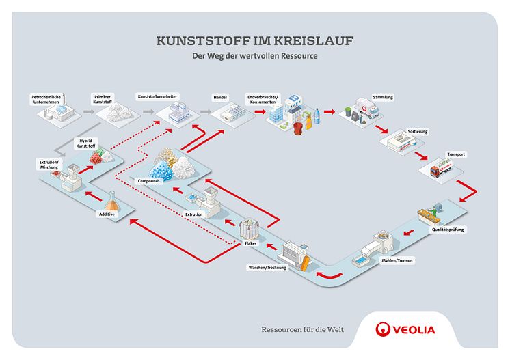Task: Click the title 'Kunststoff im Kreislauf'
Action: point(254,41)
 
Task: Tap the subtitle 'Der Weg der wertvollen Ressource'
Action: point(254,57)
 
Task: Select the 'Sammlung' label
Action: point(382,97)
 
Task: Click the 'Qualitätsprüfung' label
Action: point(448,230)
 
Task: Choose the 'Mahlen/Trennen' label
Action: point(390,260)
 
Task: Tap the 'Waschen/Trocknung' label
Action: point(267,267)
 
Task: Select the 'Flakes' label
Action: point(250,243)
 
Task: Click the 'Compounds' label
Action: point(149,182)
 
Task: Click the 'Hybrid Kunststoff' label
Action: point(84,144)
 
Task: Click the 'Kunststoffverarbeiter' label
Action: point(157,97)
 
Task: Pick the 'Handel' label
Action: point(220,97)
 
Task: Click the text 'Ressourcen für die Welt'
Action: point(303,330)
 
